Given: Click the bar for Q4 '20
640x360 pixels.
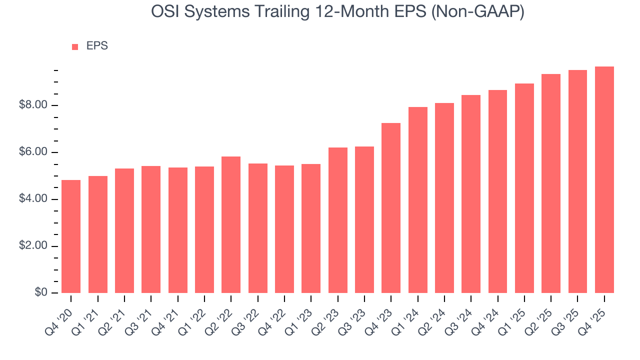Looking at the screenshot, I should point(71,236).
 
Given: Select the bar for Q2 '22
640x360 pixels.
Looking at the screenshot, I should point(231,225).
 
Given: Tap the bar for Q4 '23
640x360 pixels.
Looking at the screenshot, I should point(391,208).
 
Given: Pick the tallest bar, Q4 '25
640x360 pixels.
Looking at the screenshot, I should point(604,180).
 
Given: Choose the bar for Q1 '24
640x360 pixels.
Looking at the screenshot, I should point(418,200).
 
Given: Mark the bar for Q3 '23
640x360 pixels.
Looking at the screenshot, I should point(364,220).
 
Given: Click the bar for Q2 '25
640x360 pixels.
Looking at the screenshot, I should point(551,183).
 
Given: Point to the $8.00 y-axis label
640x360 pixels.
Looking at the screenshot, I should point(33,105).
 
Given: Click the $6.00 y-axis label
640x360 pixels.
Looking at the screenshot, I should point(33,152).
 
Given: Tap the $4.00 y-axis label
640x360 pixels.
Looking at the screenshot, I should point(33,199).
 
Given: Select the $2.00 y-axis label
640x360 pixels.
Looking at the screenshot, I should point(33,246).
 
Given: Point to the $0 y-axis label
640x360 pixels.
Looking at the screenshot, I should point(41,293).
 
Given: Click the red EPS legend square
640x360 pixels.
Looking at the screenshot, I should point(75,46).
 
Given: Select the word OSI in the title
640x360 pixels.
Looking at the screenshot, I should point(165,12).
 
